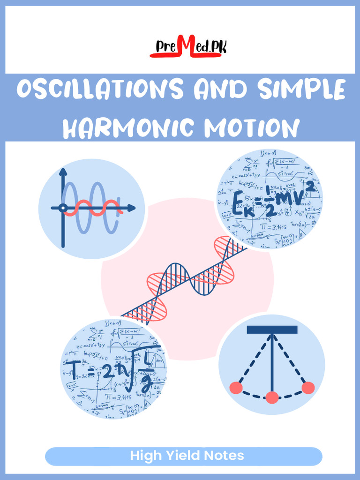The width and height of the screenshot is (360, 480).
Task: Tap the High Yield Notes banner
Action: tap(183, 456)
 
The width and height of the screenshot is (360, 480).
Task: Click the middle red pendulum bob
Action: tap(272, 397)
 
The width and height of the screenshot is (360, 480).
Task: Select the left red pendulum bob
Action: tap(236, 388)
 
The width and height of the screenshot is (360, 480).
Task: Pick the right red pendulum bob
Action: tap(308, 388)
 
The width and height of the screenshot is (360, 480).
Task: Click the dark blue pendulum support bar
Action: tap(272, 330)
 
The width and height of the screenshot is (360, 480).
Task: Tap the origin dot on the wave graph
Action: tap(62, 208)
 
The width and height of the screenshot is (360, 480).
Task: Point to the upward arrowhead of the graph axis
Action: tap(63, 172)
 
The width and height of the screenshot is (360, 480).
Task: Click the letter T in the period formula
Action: tap(75, 368)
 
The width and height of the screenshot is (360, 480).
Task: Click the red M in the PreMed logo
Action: tap(185, 47)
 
